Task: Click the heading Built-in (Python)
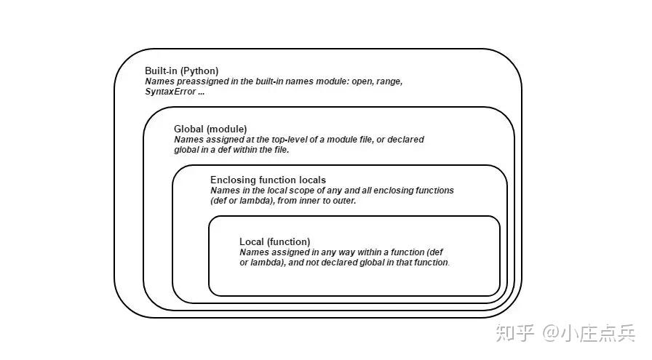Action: point(182,71)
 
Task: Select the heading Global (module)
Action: point(210,129)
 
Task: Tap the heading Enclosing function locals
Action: point(269,180)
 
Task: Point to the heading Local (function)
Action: point(275,242)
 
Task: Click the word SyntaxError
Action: point(170,92)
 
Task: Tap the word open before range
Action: point(362,82)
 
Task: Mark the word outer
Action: point(345,201)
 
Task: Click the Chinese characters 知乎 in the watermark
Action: point(514,332)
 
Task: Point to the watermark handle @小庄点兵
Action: point(589,332)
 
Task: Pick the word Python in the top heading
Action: point(199,71)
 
